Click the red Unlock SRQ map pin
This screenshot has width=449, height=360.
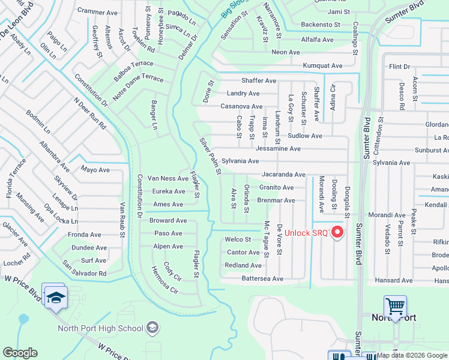pyautogui.click(x=337, y=232)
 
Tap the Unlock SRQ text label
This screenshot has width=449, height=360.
pyautogui.click(x=306, y=233)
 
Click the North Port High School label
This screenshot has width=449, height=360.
pyautogui.click(x=100, y=328)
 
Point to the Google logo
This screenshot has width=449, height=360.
pyautogui.click(x=20, y=353)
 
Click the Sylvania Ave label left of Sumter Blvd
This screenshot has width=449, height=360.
pyautogui.click(x=240, y=161)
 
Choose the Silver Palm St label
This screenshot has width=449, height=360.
pyautogui.click(x=211, y=155)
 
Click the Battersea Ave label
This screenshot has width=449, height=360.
pyautogui.click(x=262, y=279)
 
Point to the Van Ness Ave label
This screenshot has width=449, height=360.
pyautogui.click(x=168, y=178)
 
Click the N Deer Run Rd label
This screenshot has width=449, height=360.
pyautogui.click(x=90, y=113)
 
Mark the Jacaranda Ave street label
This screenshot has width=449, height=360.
pyautogui.click(x=283, y=175)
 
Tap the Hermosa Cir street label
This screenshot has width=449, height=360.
pyautogui.click(x=164, y=281)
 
